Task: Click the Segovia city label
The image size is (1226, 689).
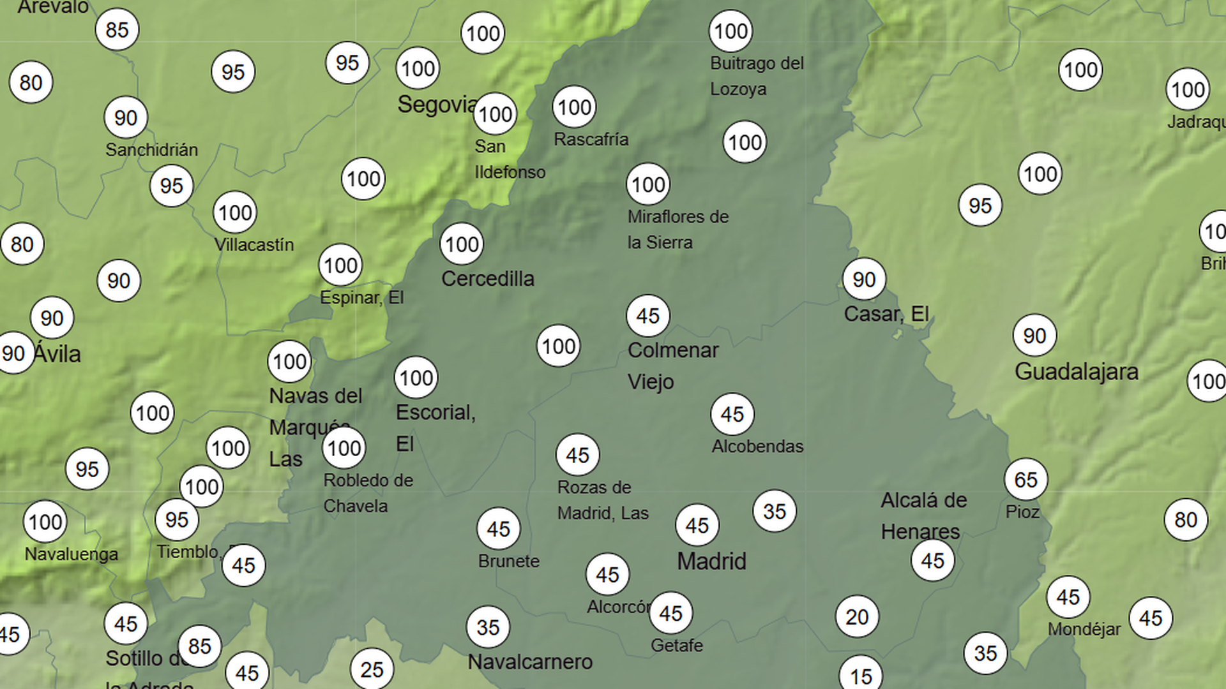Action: [437, 105]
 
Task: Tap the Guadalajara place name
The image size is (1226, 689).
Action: [1077, 371]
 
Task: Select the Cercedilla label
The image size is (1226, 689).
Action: [488, 279]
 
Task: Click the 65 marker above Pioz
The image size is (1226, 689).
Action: [1025, 480]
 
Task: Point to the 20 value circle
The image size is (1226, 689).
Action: [857, 617]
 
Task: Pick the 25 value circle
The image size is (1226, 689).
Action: [372, 669]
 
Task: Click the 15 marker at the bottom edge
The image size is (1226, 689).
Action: [861, 675]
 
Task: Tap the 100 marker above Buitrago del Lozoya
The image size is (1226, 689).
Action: [730, 31]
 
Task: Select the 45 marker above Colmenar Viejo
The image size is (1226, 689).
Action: [647, 316]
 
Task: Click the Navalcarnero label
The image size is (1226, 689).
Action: [530, 662]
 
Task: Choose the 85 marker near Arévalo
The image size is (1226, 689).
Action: [117, 30]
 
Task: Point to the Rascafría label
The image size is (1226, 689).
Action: [591, 139]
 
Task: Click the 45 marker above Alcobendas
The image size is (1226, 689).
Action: [732, 415]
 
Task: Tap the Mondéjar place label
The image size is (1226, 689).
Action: [1084, 630]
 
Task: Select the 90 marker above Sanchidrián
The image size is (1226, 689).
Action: [126, 118]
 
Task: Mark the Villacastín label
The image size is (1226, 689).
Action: [254, 245]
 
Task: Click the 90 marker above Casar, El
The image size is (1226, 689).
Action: [863, 279]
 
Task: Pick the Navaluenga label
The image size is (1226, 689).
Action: [72, 554]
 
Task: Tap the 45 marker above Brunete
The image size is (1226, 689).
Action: [498, 529]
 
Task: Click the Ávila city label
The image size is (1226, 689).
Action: [57, 354]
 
